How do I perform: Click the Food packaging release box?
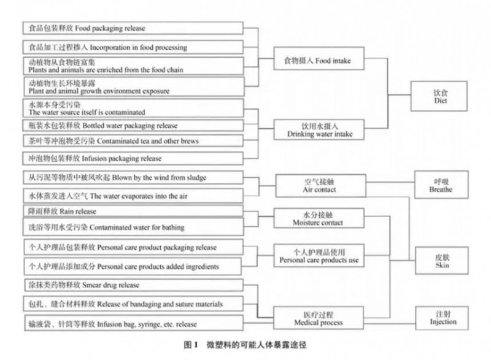pyautogui.click(x=133, y=28)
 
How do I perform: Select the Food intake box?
pyautogui.click(x=319, y=58)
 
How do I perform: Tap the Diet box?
pyautogui.click(x=439, y=96)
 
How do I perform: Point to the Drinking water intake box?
pyautogui.click(x=319, y=129)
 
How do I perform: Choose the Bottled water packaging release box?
pyautogui.click(x=133, y=126)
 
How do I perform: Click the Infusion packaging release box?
pyautogui.click(x=133, y=158)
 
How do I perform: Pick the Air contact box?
pyautogui.click(x=320, y=186)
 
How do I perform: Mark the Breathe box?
pyautogui.click(x=441, y=185)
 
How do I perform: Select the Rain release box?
pyautogui.click(x=133, y=211)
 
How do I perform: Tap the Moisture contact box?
pyautogui.click(x=319, y=218)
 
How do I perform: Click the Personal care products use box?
pyautogui.click(x=319, y=256)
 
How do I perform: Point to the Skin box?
pyautogui.click(x=442, y=261)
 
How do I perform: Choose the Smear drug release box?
pyautogui.click(x=133, y=285)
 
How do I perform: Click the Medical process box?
pyautogui.click(x=319, y=318)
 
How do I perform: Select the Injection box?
pyautogui.click(x=442, y=318)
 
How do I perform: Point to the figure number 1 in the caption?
pyautogui.click(x=196, y=345)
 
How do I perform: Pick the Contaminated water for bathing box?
pyautogui.click(x=133, y=227)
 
